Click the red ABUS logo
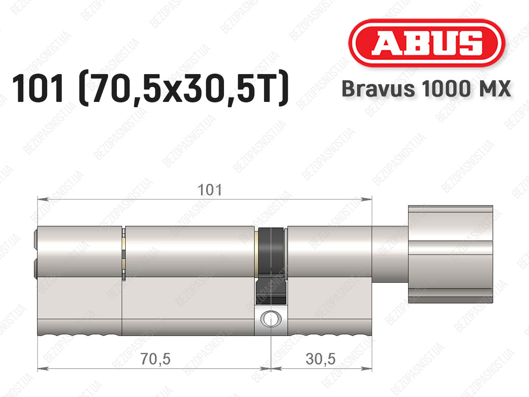click(x=427, y=43)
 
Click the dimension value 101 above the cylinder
click(x=210, y=190)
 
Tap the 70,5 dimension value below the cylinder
click(x=156, y=360)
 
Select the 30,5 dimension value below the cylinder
click(x=320, y=360)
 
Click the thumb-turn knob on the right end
click(x=451, y=254)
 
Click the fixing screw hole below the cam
click(x=271, y=319)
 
